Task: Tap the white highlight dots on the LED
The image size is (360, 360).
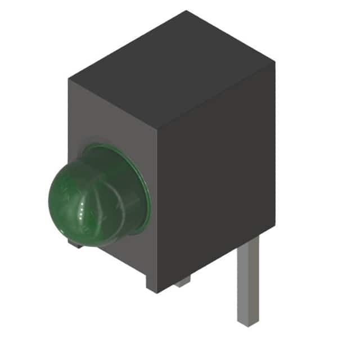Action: pyautogui.click(x=83, y=213)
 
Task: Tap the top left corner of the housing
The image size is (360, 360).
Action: pyautogui.click(x=69, y=79)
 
